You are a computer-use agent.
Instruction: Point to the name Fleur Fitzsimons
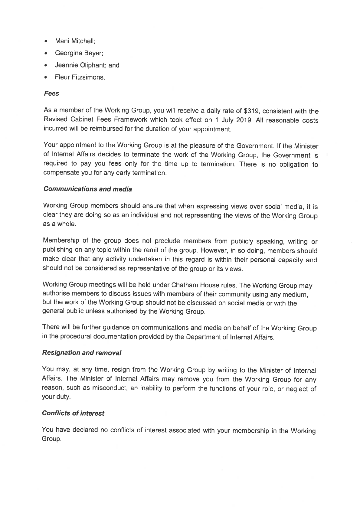[x=80, y=77]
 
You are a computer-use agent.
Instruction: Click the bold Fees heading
[x=51, y=93]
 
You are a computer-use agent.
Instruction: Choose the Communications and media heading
[x=88, y=189]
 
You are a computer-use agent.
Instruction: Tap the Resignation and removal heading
[x=82, y=353]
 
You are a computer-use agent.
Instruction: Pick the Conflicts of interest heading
[x=73, y=413]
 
